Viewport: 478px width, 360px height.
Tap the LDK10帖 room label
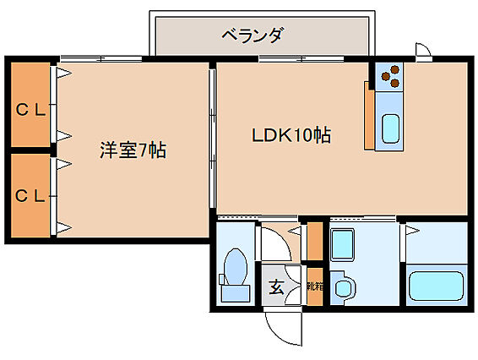pos(291,135)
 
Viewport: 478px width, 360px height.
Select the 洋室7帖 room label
pos(133,150)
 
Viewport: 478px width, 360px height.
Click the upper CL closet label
pos(30,110)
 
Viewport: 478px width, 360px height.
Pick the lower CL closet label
pos(30,196)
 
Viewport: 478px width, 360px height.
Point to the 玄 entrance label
pos(276,286)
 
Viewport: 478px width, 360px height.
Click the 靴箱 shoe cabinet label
pos(315,286)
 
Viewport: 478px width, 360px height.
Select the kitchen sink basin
pos(390,128)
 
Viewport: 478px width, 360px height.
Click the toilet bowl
pos(235,266)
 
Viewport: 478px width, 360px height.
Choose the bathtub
pos(437,286)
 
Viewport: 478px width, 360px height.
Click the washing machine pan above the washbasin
pos(342,245)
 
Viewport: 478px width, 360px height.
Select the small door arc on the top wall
pos(425,48)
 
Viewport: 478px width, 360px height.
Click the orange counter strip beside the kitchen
pos(369,116)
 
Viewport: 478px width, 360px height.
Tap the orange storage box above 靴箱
pos(315,242)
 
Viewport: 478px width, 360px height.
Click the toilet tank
pos(236,293)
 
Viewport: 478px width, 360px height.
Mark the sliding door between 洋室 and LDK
pos(213,139)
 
